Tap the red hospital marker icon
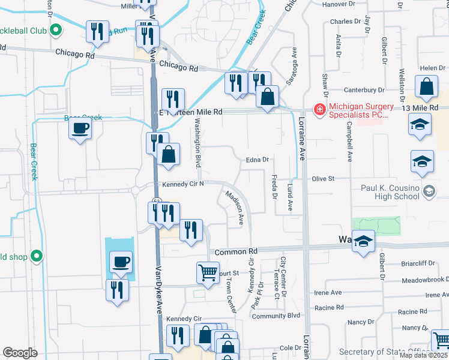318,109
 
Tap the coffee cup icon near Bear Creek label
80,128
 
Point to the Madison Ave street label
234,208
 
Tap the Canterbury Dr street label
365,90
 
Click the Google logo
20,352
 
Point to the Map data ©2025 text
423,355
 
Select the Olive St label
322,179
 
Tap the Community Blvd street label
276,316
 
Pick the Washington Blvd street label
197,143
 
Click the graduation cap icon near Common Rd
363,241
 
